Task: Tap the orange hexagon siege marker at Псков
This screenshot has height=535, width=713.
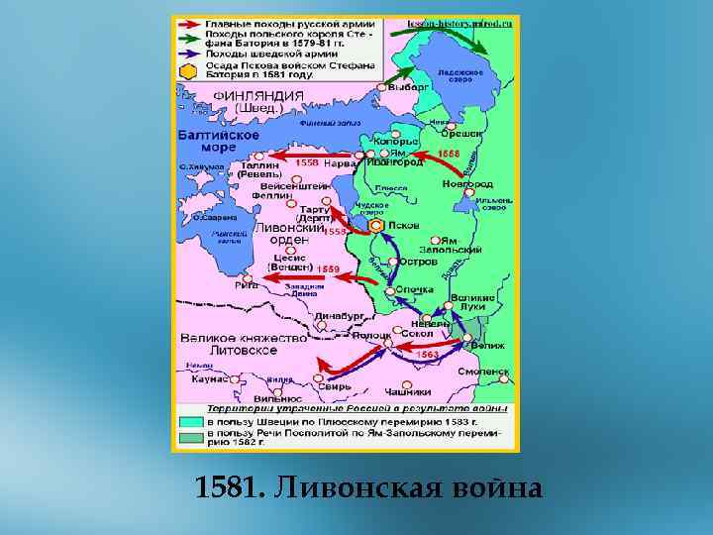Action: pos(376,226)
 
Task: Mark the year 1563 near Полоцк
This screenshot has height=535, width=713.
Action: pos(428,353)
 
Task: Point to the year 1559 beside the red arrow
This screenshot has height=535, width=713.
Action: pos(328,268)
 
